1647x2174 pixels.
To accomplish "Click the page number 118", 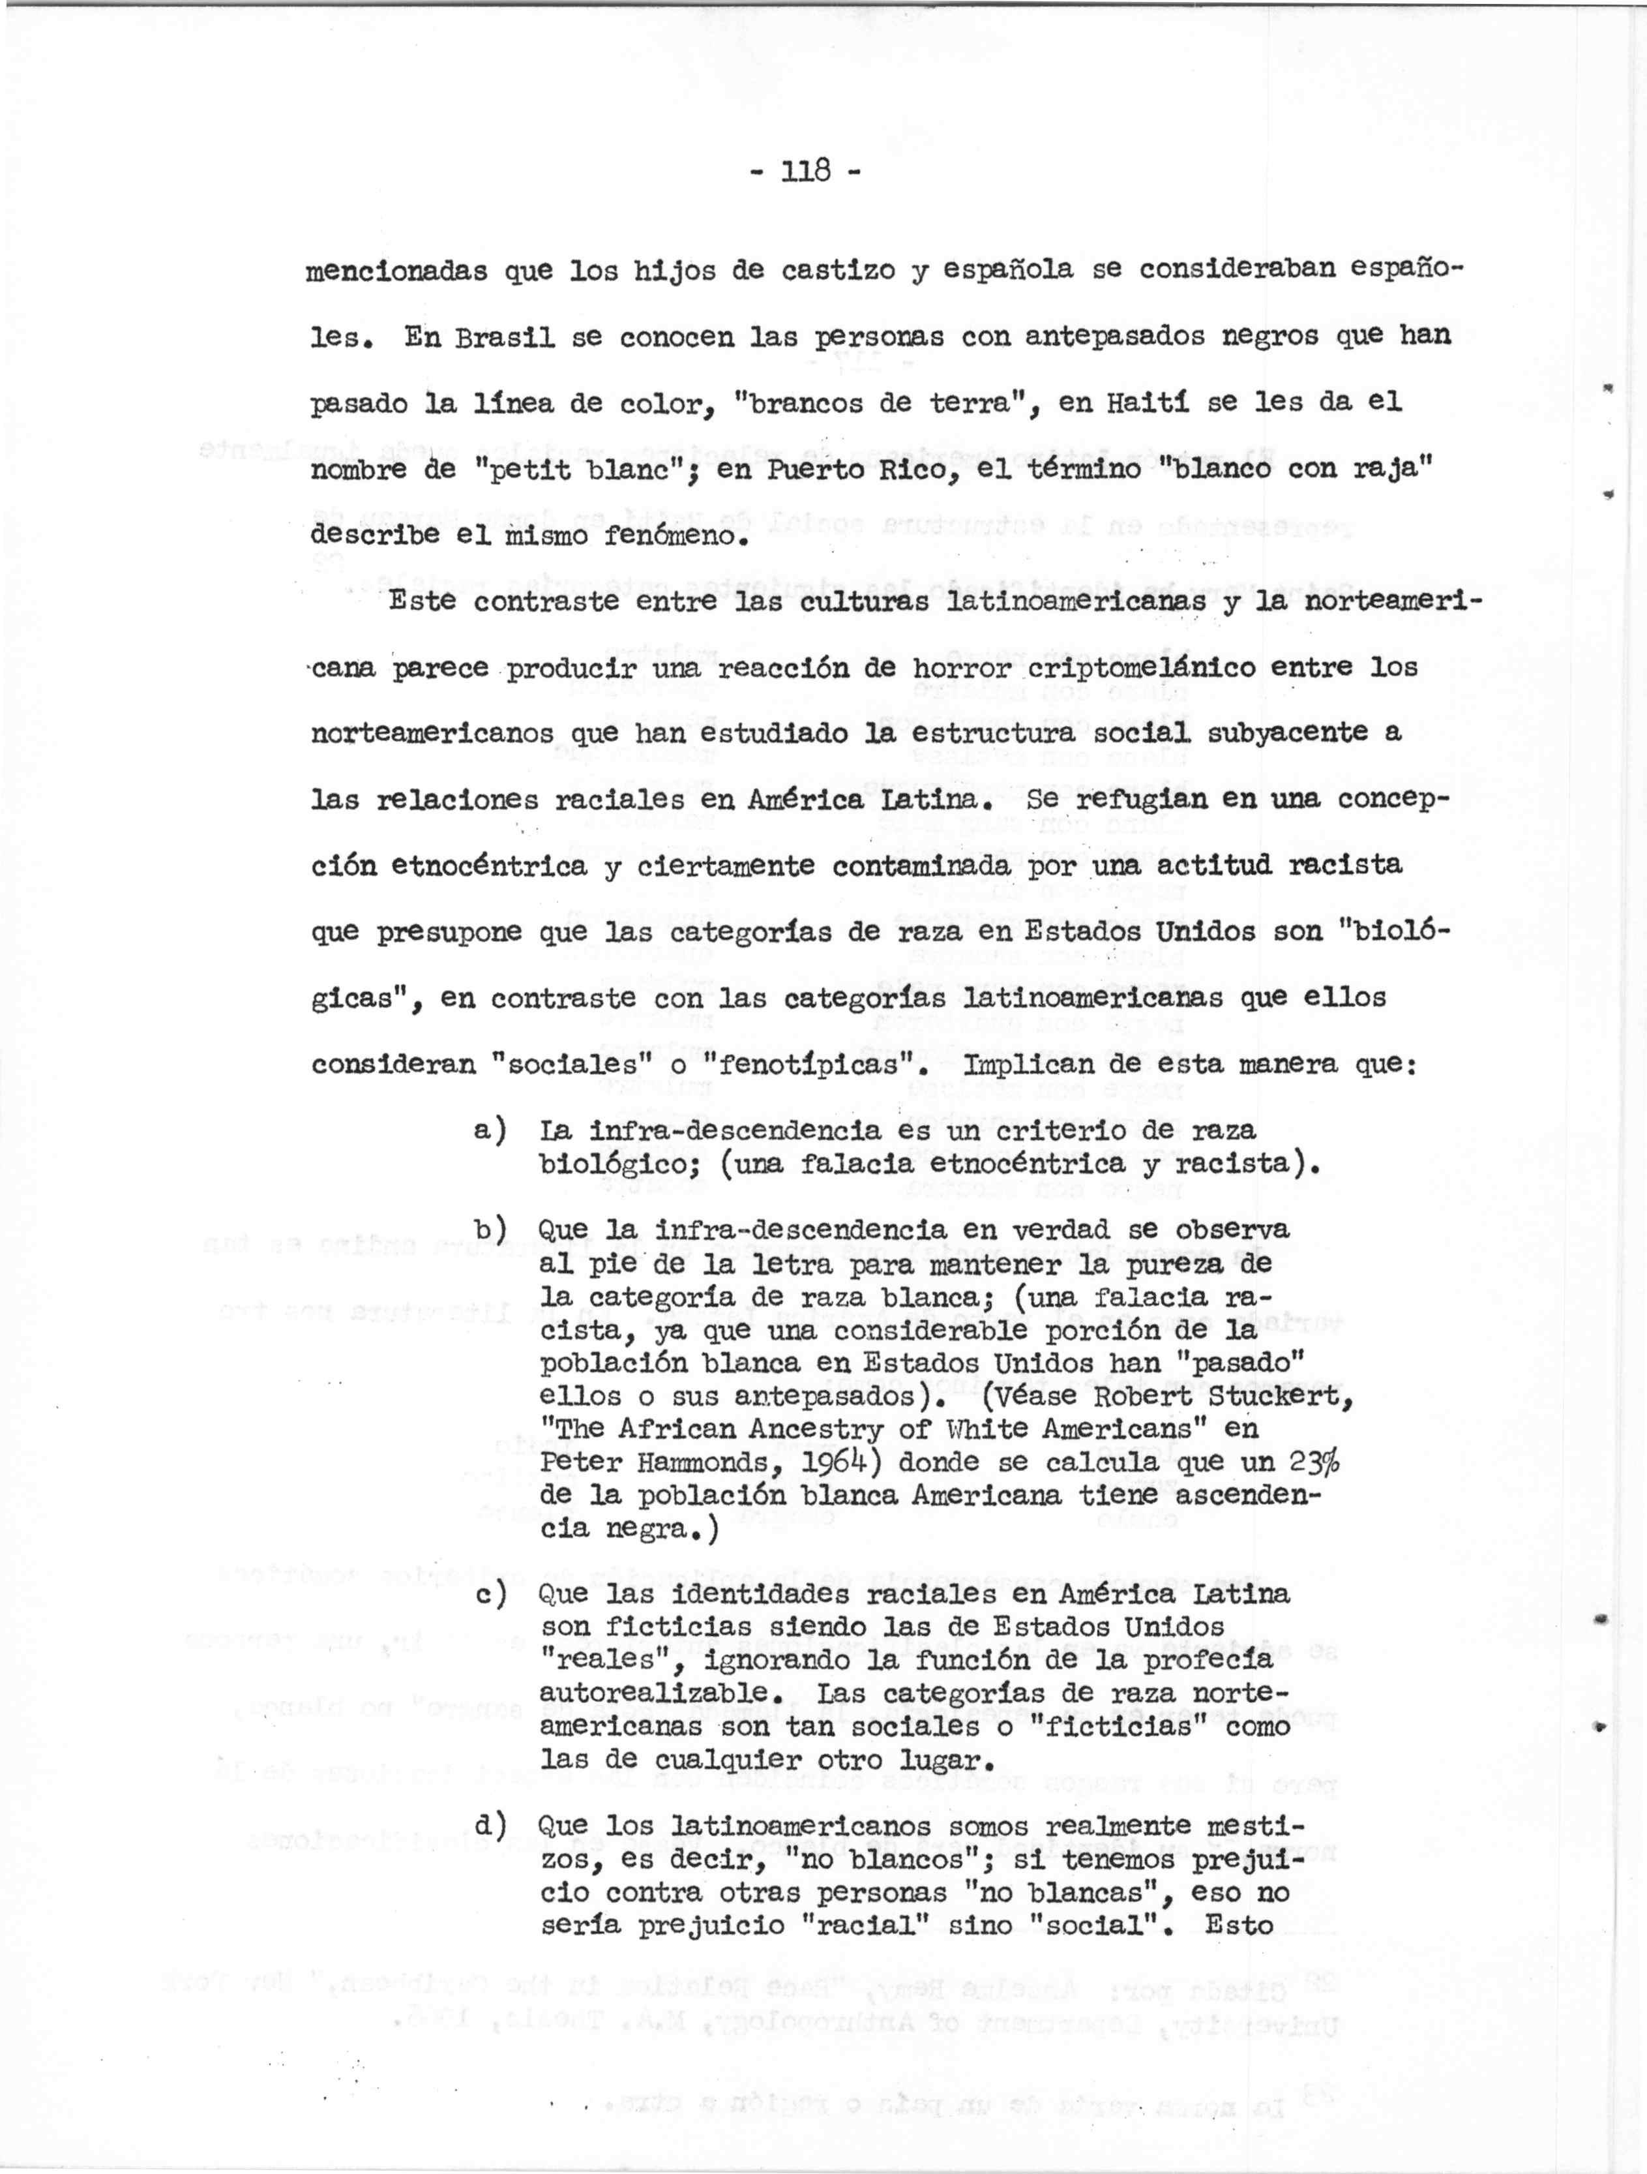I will (x=805, y=170).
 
